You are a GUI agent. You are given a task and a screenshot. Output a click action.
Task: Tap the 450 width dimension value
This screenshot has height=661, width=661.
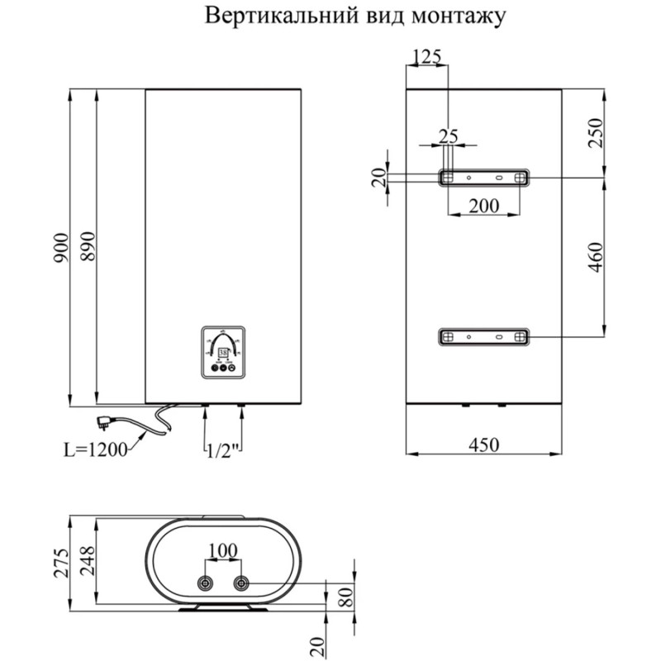click(x=484, y=444)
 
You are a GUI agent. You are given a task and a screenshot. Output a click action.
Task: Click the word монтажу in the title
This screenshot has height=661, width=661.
click(x=450, y=16)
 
